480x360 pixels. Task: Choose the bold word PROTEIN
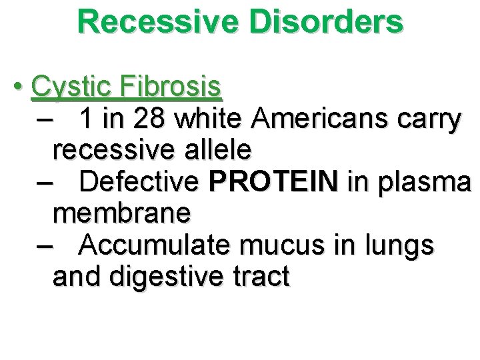click(x=273, y=181)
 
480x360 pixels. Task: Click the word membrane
click(x=121, y=213)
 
